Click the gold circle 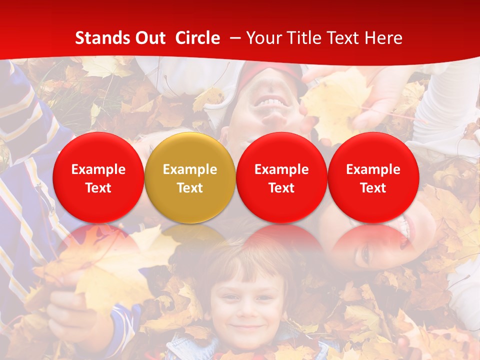[x=190, y=177]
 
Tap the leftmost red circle [x=98, y=177]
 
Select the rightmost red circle [x=373, y=177]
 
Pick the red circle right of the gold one [x=281, y=177]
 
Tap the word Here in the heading [x=383, y=38]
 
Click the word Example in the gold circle [x=190, y=169]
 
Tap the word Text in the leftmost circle [x=98, y=188]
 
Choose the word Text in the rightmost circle [x=373, y=188]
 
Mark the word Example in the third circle [x=281, y=169]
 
